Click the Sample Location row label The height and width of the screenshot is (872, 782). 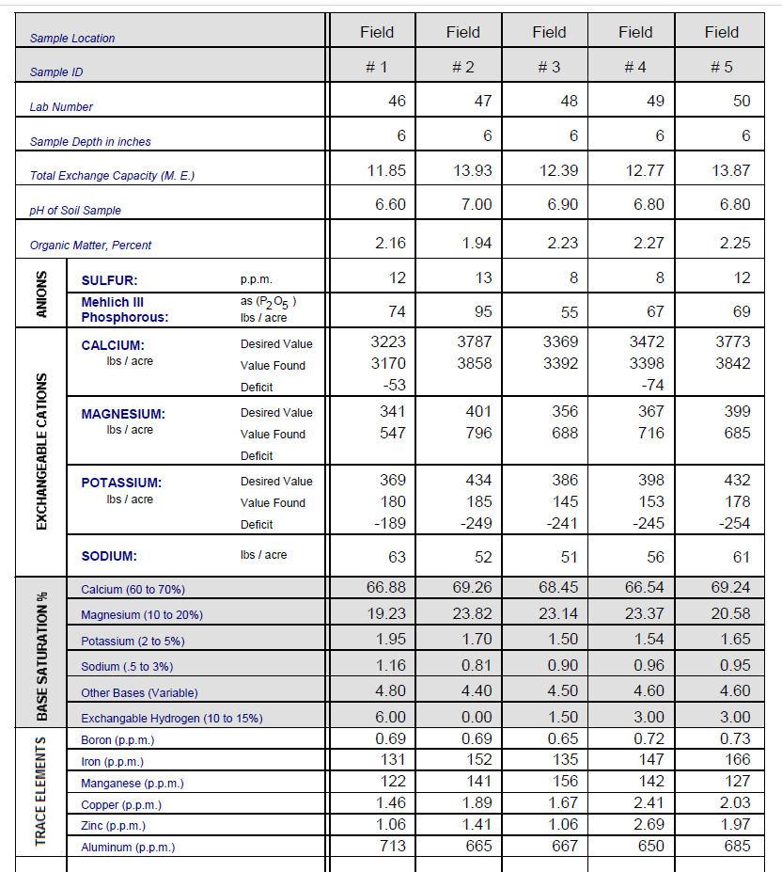[72, 39]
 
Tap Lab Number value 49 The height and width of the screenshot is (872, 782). [655, 101]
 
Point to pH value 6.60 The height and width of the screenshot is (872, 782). [390, 204]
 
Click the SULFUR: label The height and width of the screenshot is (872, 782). [110, 280]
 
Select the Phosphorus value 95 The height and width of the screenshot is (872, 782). [482, 311]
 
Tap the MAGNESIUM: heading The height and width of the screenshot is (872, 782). [122, 414]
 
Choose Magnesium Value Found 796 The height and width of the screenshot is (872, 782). [478, 433]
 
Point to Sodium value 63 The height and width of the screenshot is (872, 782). [397, 557]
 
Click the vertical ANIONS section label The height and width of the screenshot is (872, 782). [41, 293]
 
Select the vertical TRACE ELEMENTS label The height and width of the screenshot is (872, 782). [41, 789]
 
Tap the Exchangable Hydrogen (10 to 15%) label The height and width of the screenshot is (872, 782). [171, 719]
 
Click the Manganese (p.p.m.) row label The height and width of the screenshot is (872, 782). [132, 783]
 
